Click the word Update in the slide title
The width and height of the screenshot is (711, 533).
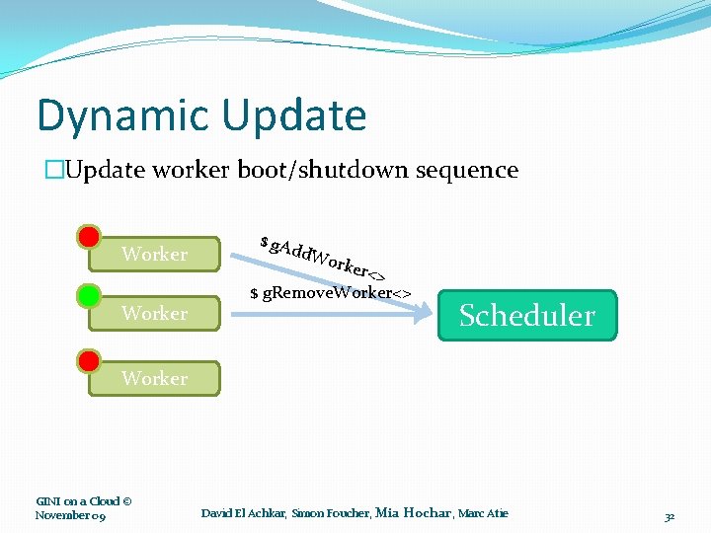click(x=294, y=116)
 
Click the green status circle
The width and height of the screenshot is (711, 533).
click(x=89, y=295)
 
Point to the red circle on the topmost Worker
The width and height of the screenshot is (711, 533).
click(x=89, y=237)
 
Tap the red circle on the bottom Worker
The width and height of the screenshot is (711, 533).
click(x=89, y=360)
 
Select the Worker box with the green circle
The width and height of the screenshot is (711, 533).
click(x=154, y=313)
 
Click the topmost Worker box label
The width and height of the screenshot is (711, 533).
click(x=154, y=255)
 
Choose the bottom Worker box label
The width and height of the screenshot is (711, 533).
click(x=154, y=378)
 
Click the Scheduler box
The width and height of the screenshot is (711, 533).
click(x=527, y=316)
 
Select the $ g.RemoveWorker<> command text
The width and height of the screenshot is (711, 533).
click(x=330, y=293)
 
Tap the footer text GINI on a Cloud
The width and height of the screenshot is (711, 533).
click(x=84, y=500)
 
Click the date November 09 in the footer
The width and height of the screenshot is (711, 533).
click(x=70, y=515)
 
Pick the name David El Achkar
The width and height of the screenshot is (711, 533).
click(x=243, y=513)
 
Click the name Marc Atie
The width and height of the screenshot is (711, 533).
click(x=484, y=513)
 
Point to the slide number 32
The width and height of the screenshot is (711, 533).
click(x=670, y=516)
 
